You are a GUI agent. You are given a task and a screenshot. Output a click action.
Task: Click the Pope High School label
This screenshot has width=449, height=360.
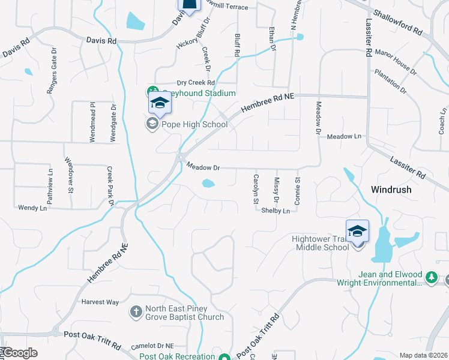(193, 125)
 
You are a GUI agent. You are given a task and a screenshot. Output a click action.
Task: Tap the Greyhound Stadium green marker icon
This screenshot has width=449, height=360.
(152, 92)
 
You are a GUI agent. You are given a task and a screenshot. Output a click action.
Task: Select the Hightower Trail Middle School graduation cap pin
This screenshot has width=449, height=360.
(357, 231)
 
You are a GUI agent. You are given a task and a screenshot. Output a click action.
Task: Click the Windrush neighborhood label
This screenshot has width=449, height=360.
(391, 189)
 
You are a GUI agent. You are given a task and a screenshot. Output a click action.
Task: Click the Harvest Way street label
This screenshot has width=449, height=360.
(100, 302)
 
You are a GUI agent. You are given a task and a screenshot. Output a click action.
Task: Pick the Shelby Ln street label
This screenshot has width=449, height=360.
(276, 211)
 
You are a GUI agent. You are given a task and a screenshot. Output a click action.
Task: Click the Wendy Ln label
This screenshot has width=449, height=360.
(32, 208)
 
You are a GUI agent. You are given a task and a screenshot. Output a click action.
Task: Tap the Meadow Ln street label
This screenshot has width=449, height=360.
(345, 136)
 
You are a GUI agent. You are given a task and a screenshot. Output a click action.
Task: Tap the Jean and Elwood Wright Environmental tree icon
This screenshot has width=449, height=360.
(430, 278)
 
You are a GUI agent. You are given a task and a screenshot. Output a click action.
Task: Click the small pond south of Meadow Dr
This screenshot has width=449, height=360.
(208, 183)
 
